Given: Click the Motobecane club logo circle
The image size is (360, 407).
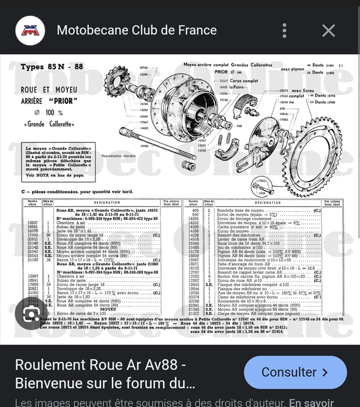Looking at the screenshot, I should tap(29, 30).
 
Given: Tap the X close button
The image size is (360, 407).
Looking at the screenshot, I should tap(328, 31).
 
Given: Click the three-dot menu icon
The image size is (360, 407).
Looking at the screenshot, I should tap(285, 30).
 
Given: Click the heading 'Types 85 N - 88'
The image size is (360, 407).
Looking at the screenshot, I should tap(51, 67).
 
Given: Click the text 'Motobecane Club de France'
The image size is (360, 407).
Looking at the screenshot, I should tap(137, 30).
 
